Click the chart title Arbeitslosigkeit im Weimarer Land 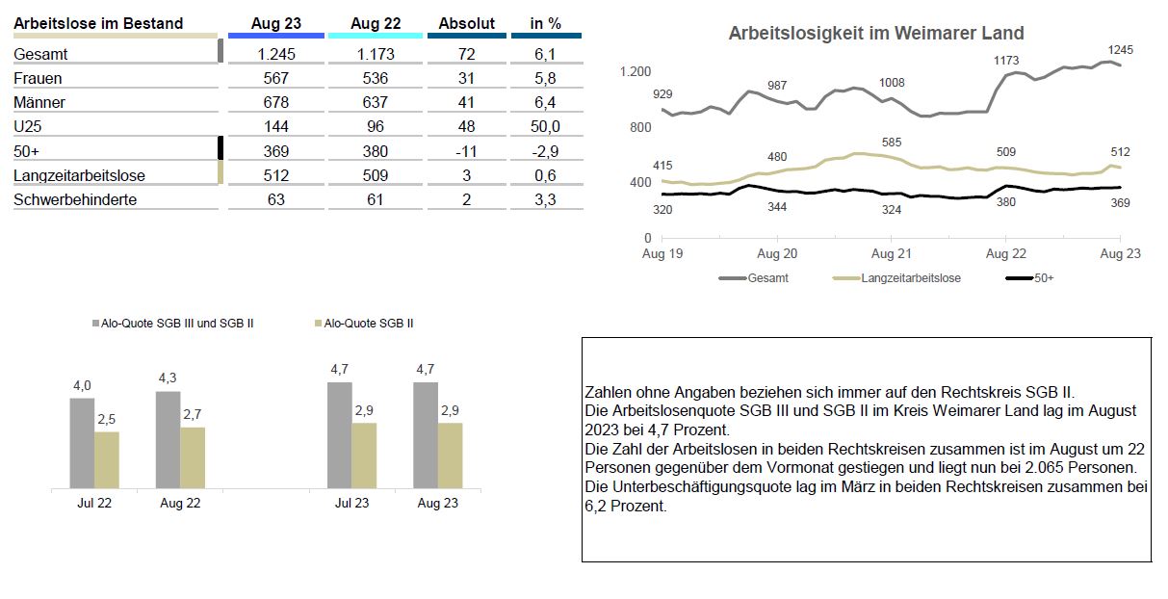click(x=876, y=33)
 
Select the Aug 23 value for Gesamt click(x=275, y=54)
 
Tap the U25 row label click(x=28, y=126)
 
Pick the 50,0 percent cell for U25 click(x=545, y=126)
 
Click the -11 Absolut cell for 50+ click(x=466, y=151)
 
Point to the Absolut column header click(x=466, y=23)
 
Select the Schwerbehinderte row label click(x=75, y=199)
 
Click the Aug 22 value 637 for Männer click(x=375, y=102)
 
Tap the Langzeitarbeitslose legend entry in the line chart click(x=896, y=278)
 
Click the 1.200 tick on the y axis click(x=636, y=71)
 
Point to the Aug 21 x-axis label click(x=891, y=254)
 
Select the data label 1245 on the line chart click(x=1120, y=50)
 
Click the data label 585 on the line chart click(x=891, y=142)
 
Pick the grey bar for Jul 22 click(x=83, y=444)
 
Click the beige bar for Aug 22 click(x=193, y=458)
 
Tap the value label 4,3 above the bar click(x=168, y=378)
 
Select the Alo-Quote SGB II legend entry click(x=364, y=324)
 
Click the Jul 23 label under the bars click(x=351, y=503)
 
